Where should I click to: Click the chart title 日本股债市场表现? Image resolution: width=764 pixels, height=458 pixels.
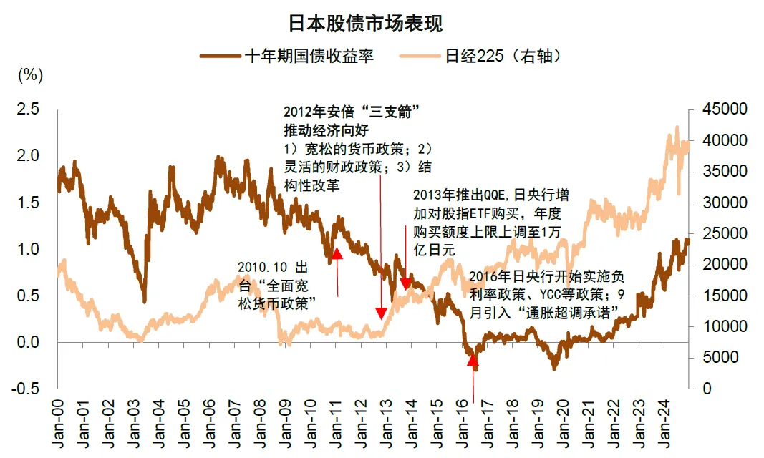365,24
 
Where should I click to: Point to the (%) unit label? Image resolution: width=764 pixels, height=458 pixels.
29,74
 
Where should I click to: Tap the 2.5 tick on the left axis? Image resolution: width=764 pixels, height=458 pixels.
29,109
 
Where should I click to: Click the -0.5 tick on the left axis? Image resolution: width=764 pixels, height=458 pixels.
26,389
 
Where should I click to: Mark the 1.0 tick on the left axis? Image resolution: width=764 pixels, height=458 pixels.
29,249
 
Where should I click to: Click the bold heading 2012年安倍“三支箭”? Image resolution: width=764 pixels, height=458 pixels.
350,112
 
